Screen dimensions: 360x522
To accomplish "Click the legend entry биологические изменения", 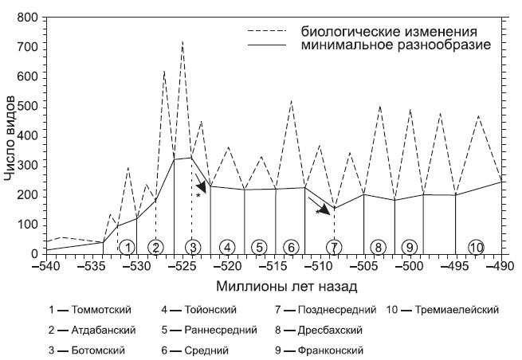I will coord(389,32).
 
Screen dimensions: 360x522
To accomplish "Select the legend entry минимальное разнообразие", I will coord(395,45).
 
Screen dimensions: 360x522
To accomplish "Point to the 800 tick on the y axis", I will coord(26,18).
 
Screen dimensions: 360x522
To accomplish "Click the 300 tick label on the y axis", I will coord(26,166).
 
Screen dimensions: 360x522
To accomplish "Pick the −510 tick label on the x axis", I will coord(319,265).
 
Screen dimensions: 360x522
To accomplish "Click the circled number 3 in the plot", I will coord(192,246).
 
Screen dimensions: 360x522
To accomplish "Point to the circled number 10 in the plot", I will coord(477,246).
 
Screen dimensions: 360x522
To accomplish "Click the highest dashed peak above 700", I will coord(183,41).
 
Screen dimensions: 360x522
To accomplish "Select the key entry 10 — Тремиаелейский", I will coord(443,309).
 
